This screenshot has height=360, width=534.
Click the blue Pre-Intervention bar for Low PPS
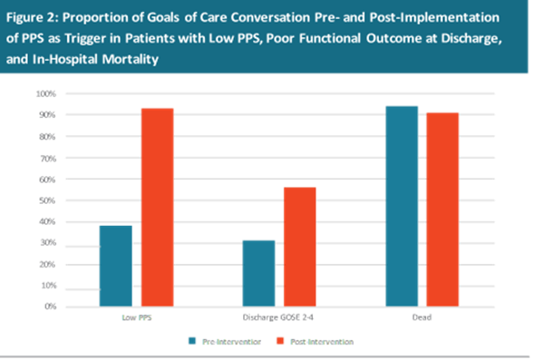click(115, 265)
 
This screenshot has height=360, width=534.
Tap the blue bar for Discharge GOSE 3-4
click(258, 273)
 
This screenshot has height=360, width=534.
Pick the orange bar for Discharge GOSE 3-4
click(300, 246)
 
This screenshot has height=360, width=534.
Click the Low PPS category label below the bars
click(136, 318)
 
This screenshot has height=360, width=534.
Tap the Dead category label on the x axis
click(422, 318)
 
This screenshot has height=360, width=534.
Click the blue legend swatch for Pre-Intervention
click(193, 342)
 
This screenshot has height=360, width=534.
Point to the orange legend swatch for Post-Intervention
click(280, 342)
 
